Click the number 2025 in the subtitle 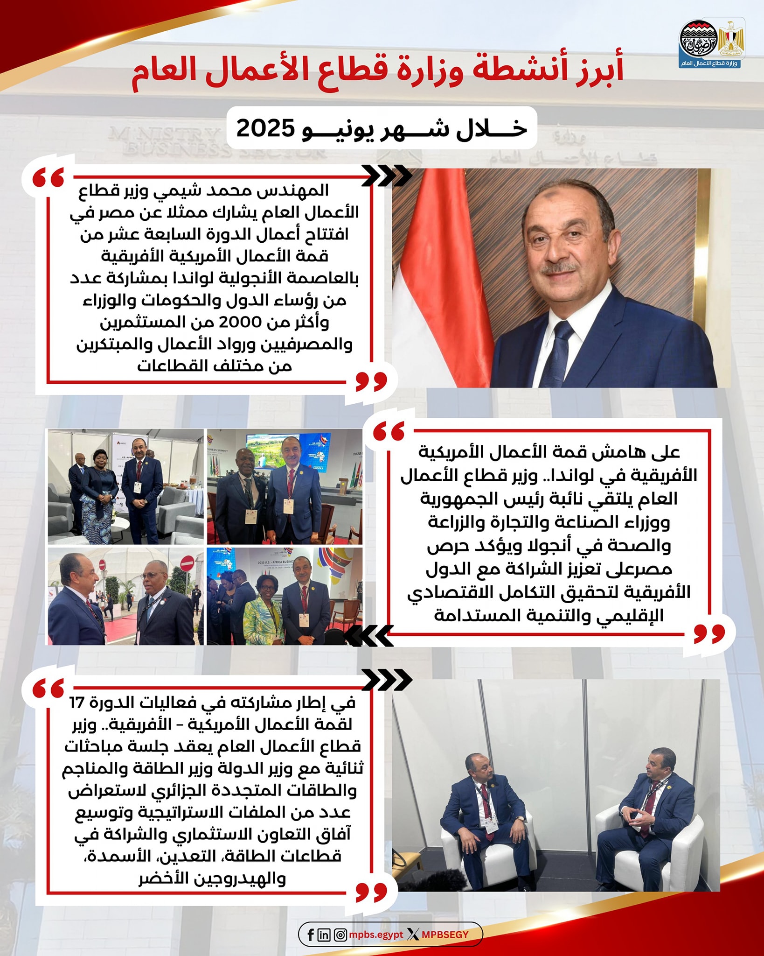tap(265, 128)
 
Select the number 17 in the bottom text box tap(77, 702)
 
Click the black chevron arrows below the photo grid tap(368, 636)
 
